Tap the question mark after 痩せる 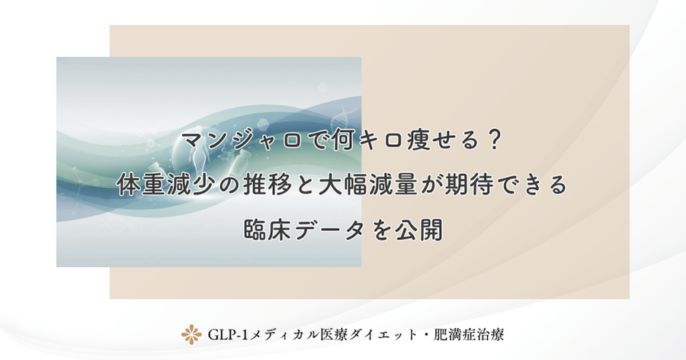point(494,141)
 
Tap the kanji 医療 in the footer point(332,334)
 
